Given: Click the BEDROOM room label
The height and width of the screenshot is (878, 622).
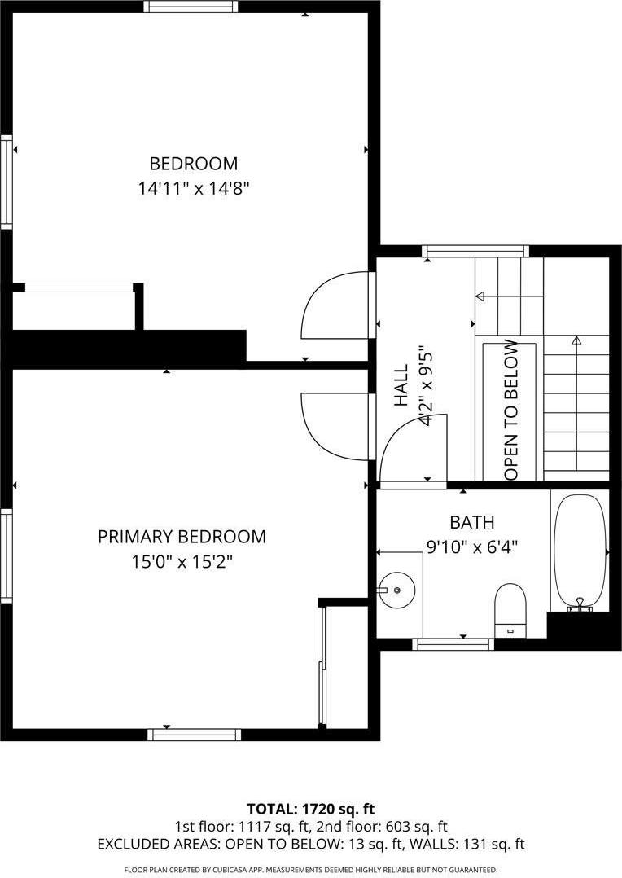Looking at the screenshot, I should pyautogui.click(x=193, y=163).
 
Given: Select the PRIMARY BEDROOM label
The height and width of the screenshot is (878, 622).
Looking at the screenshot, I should pyautogui.click(x=182, y=537).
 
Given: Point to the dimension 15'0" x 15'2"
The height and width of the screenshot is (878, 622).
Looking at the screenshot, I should pyautogui.click(x=182, y=562).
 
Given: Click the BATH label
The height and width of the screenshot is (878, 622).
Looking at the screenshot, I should pyautogui.click(x=471, y=522).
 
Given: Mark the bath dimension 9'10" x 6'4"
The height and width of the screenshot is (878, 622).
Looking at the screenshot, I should pyautogui.click(x=472, y=547).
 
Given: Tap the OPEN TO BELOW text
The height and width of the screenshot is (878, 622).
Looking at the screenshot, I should pyautogui.click(x=511, y=409).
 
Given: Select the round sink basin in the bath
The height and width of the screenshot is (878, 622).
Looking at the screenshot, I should pyautogui.click(x=396, y=587).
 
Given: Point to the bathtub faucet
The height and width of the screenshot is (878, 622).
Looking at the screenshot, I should pyautogui.click(x=580, y=604).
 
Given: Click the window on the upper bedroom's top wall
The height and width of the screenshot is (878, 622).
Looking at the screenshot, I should pyautogui.click(x=191, y=7).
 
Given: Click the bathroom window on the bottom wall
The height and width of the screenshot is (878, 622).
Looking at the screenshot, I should pyautogui.click(x=453, y=644).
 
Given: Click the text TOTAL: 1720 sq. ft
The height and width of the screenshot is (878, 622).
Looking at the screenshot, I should pyautogui.click(x=310, y=809).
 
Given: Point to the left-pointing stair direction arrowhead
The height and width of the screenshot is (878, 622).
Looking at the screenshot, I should pyautogui.click(x=480, y=296).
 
